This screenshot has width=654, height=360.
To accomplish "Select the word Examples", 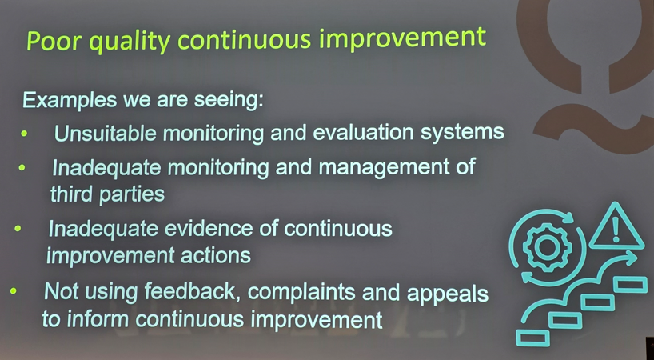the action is (70, 100).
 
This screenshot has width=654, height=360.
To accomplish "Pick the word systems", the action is (463, 132).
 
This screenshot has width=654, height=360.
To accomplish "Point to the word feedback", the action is (192, 291).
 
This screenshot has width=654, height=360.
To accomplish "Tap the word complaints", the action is (302, 292).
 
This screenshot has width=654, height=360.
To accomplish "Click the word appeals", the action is (448, 294).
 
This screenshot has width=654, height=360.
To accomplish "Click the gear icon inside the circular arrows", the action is (546, 247).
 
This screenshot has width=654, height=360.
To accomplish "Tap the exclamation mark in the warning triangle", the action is (616, 230).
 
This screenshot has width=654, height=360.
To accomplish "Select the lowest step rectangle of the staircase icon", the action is (532, 338).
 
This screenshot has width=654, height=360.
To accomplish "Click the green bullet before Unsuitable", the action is (24, 134).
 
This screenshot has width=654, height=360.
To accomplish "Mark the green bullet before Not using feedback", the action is (14, 291).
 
